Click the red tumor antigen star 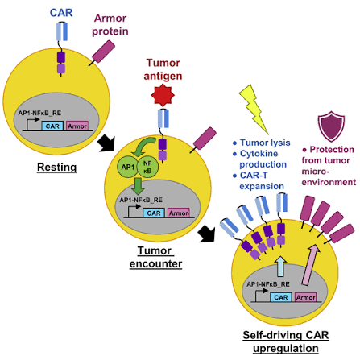tap(163, 95)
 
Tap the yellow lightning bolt tap(254, 109)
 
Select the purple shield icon tap(331, 126)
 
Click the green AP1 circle tap(128, 167)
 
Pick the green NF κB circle tap(147, 167)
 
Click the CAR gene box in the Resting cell tap(52, 126)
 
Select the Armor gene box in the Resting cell tap(77, 126)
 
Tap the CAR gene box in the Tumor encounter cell tap(154, 213)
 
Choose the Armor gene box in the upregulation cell tap(306, 297)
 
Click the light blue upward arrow tap(280, 267)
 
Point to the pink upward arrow tap(310, 264)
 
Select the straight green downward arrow tap(139, 186)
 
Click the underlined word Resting tap(56, 167)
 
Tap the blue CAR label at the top tap(61, 13)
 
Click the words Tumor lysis tap(265, 143)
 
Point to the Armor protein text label tap(110, 25)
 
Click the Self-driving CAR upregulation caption tap(286, 341)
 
